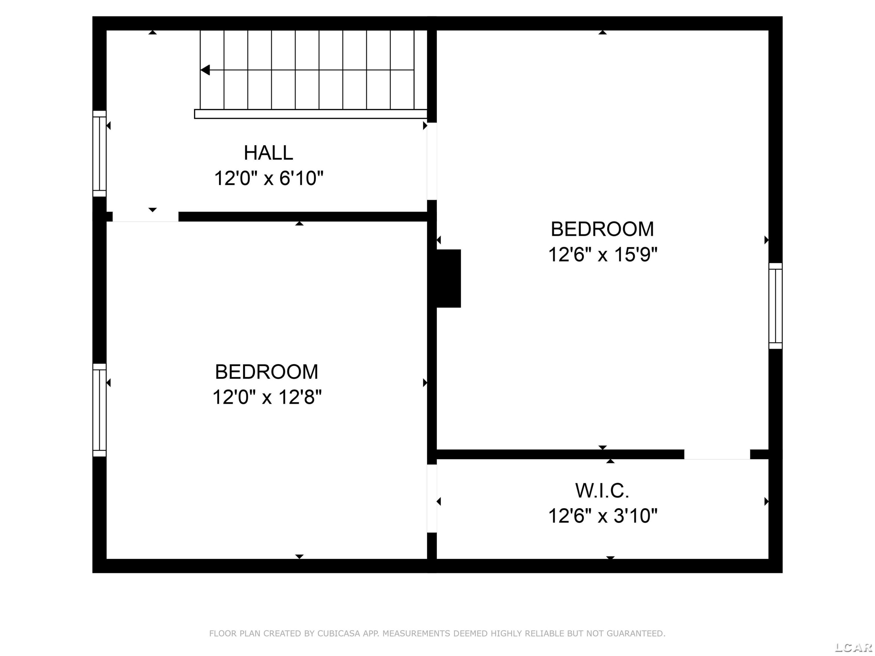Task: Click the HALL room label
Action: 268,153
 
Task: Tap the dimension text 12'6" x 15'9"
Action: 603,254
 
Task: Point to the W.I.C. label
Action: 602,491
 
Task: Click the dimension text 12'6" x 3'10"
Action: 603,516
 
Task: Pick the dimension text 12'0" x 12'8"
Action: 267,397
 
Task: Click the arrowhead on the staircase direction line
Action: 205,70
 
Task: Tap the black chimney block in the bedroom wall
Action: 449,278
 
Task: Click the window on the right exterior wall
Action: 775,306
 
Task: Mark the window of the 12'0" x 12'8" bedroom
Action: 99,410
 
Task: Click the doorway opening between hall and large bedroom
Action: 432,161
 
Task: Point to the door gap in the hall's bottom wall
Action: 146,217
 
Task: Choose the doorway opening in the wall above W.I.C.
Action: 717,454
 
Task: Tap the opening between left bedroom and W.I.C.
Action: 432,499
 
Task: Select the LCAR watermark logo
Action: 853,647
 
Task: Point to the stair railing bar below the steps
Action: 311,114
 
